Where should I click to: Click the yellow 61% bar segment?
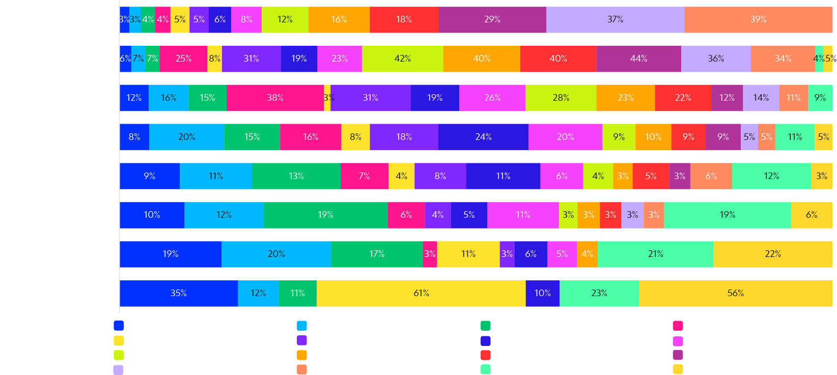point(421,293)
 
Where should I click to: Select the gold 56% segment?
point(735,293)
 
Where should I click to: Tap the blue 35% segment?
point(179,293)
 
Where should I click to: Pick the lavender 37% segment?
point(615,20)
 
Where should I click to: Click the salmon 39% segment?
point(758,20)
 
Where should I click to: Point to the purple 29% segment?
point(492,20)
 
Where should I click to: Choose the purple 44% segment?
point(638,59)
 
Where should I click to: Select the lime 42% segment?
point(402,59)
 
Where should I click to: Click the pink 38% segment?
point(275,98)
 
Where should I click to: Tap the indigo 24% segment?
point(483,137)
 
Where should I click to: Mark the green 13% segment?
point(296,176)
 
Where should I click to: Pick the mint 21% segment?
point(655,254)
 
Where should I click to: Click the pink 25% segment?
point(183,59)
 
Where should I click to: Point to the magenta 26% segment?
point(492,98)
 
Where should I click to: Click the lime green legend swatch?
point(119,355)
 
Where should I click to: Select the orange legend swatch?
point(302,355)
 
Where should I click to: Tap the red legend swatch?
point(486,355)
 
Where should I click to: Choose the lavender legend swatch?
point(118,370)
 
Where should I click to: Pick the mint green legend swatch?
point(486,369)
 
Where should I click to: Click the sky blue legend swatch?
point(302,326)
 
